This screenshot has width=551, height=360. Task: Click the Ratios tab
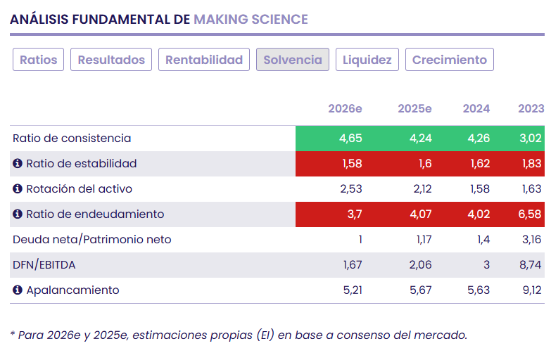tap(39, 60)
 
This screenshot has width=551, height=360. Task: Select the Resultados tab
tap(111, 60)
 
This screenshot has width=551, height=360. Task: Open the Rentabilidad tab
tap(204, 60)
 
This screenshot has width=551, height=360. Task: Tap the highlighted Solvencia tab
tap(293, 60)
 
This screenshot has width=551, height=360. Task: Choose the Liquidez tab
tap(367, 60)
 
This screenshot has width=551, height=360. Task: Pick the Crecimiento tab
tap(450, 60)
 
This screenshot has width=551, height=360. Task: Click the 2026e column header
tap(345, 108)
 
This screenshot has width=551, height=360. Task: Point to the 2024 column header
tap(476, 108)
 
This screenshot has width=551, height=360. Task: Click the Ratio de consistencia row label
tap(72, 138)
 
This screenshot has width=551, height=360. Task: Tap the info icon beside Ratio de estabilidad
tap(18, 163)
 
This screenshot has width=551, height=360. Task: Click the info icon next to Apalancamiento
tap(18, 290)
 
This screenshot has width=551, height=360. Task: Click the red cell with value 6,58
tap(530, 214)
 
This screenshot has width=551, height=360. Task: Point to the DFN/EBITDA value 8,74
tap(530, 264)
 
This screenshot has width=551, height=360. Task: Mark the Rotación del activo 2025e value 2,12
tap(420, 188)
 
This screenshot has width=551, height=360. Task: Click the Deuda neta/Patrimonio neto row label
tap(91, 239)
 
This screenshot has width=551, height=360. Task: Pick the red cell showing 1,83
tap(531, 163)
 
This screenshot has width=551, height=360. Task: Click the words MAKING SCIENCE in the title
tap(251, 19)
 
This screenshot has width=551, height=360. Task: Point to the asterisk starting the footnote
tap(13, 334)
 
